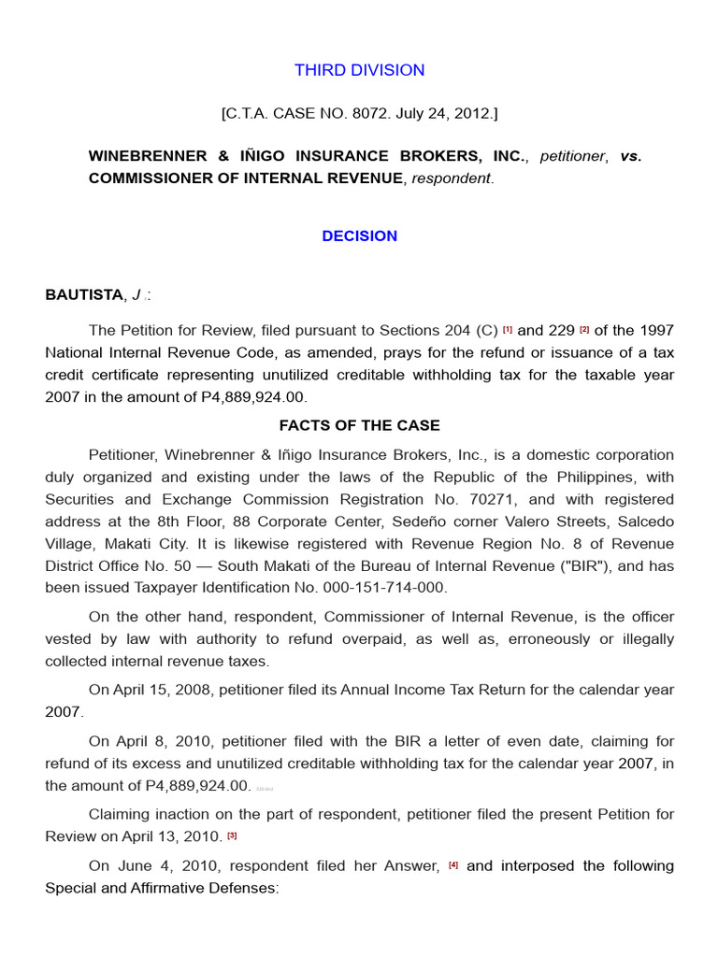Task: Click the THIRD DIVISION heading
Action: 359,70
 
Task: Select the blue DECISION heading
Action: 359,236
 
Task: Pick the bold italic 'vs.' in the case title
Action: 631,156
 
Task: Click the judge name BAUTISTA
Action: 84,295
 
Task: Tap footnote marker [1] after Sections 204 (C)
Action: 508,330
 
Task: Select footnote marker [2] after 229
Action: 584,330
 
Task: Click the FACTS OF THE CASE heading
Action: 359,425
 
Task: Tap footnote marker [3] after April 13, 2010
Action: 233,836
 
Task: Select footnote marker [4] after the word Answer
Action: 453,866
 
